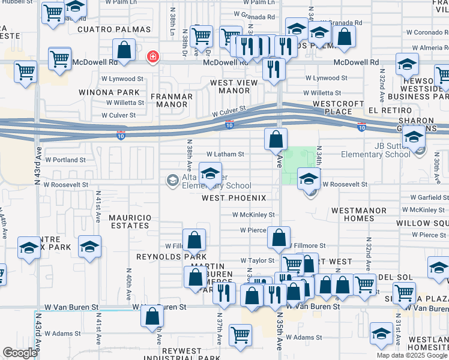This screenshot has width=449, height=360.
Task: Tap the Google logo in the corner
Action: tap(20, 353)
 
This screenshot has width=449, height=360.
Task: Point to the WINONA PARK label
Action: tap(109, 93)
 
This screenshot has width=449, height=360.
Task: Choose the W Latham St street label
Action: tap(225, 154)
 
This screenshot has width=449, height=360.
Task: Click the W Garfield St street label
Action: tap(429, 197)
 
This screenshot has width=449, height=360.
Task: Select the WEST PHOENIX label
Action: tap(234, 197)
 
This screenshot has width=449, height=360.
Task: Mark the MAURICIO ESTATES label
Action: tap(128, 221)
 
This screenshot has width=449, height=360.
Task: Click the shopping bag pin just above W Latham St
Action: tap(276, 140)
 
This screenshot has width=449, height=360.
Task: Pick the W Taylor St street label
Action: tap(257, 261)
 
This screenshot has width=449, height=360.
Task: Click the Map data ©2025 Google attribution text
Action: tap(411, 355)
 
